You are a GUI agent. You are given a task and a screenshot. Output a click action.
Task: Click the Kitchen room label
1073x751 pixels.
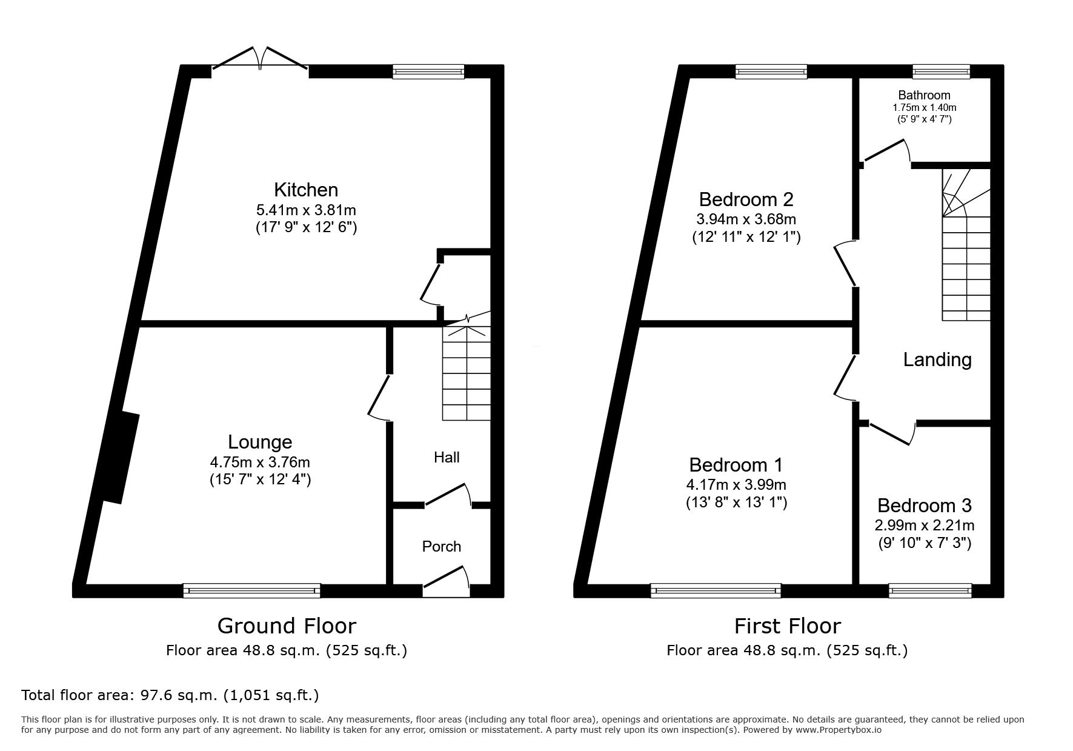pyautogui.click(x=306, y=190)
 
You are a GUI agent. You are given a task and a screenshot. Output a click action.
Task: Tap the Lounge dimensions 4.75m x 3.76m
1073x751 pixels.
pyautogui.click(x=260, y=462)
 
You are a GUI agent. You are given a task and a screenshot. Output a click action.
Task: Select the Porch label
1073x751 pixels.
pyautogui.click(x=442, y=547)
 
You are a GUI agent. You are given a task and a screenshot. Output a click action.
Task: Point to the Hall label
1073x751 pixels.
pyautogui.click(x=447, y=458)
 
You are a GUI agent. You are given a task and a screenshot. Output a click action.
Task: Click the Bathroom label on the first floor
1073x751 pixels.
pyautogui.click(x=924, y=95)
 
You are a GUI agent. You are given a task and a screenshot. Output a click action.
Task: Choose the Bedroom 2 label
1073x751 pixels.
pyautogui.click(x=746, y=199)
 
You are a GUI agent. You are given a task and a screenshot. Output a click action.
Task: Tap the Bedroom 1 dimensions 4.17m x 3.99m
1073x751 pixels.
pyautogui.click(x=736, y=485)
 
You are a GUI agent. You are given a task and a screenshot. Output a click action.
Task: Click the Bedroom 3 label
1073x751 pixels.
pyautogui.click(x=924, y=505)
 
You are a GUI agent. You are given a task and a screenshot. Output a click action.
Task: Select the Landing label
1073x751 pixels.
pyautogui.click(x=937, y=359)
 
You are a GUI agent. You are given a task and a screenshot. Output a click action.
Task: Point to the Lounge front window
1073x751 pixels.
pyautogui.click(x=251, y=590)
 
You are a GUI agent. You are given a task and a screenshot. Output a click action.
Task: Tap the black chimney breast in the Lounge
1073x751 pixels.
pyautogui.click(x=121, y=457)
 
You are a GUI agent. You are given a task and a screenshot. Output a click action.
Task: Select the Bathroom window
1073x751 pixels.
pyautogui.click(x=941, y=72)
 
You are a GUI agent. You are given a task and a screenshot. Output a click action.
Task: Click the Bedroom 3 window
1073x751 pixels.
pyautogui.click(x=930, y=590)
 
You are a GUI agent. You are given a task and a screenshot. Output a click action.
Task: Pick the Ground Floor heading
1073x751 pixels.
pyautogui.click(x=287, y=626)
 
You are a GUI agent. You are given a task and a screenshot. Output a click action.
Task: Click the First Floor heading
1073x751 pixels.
pyautogui.click(x=788, y=626)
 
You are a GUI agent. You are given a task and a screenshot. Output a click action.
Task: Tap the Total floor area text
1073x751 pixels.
pyautogui.click(x=170, y=695)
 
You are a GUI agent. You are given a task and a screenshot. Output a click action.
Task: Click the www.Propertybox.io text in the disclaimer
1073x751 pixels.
pyautogui.click(x=839, y=730)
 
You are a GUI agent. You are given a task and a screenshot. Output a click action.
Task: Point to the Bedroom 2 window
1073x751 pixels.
pyautogui.click(x=771, y=72)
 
